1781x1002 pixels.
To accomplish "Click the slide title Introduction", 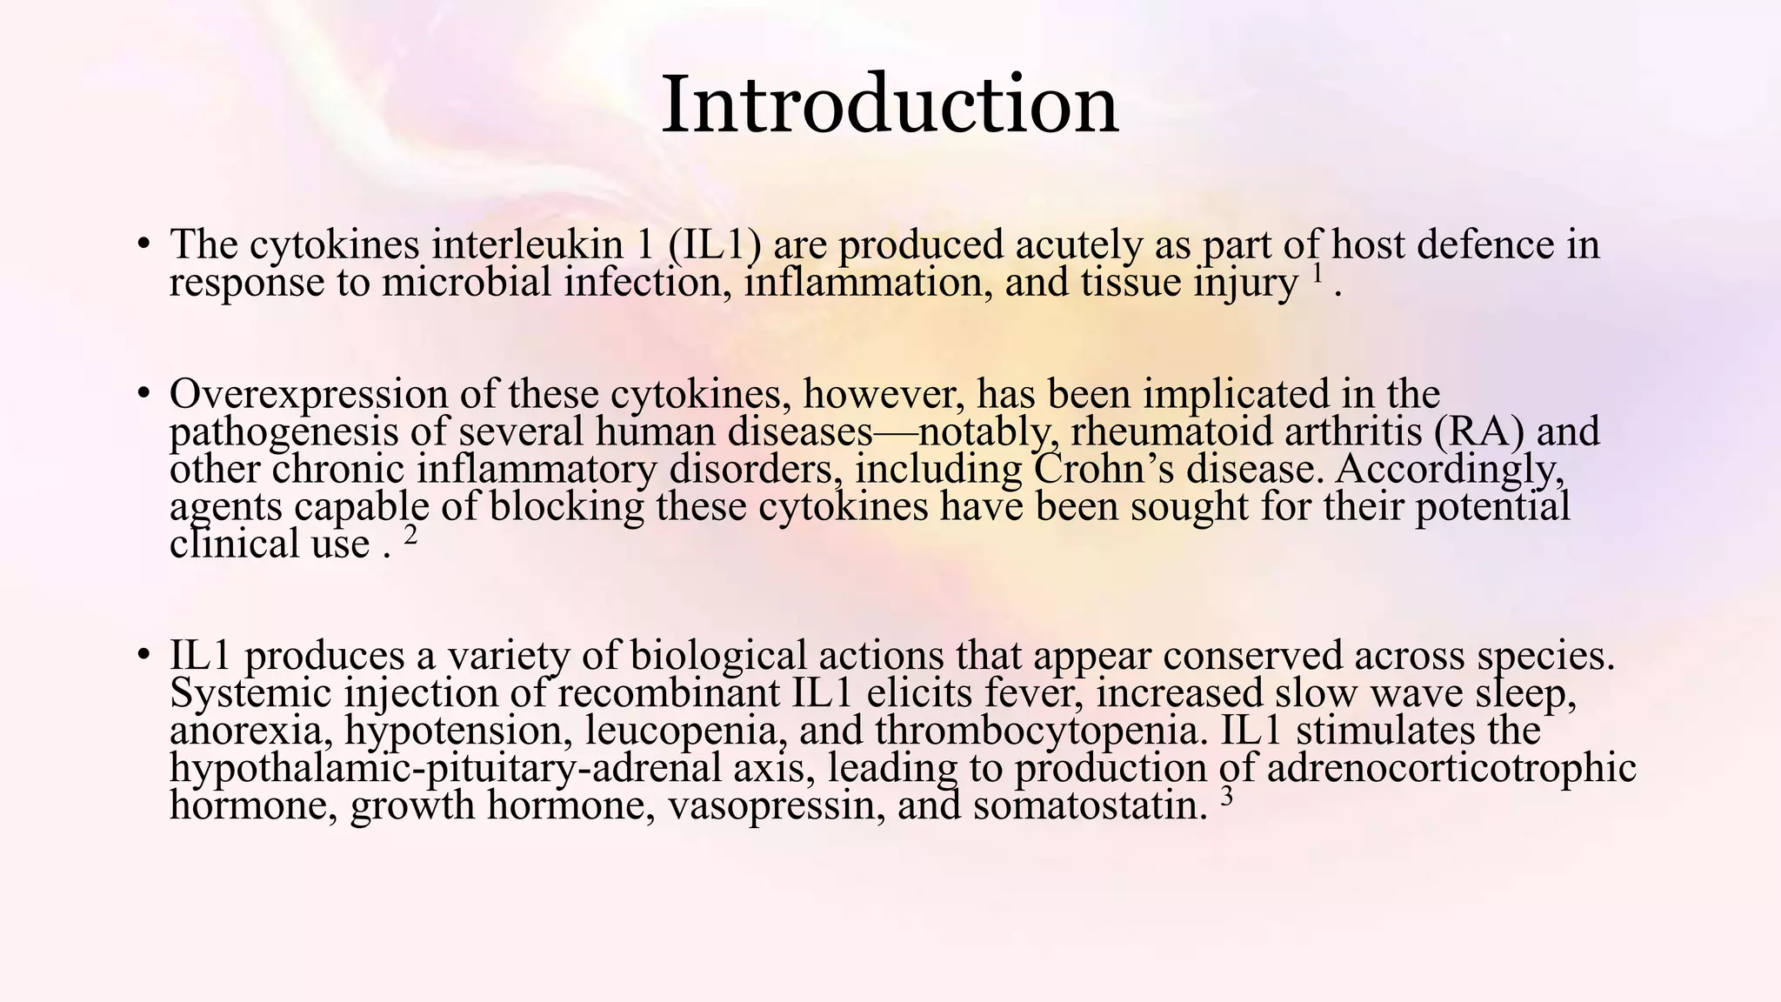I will (890, 105).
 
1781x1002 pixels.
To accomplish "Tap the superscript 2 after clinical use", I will (411, 535).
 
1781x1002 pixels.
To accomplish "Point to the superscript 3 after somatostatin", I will (1227, 796).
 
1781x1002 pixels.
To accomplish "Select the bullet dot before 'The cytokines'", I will (143, 243).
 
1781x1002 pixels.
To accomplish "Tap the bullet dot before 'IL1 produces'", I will (143, 654).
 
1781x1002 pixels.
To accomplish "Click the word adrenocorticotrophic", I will (1451, 768).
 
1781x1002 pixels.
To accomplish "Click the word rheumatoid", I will (1170, 431).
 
